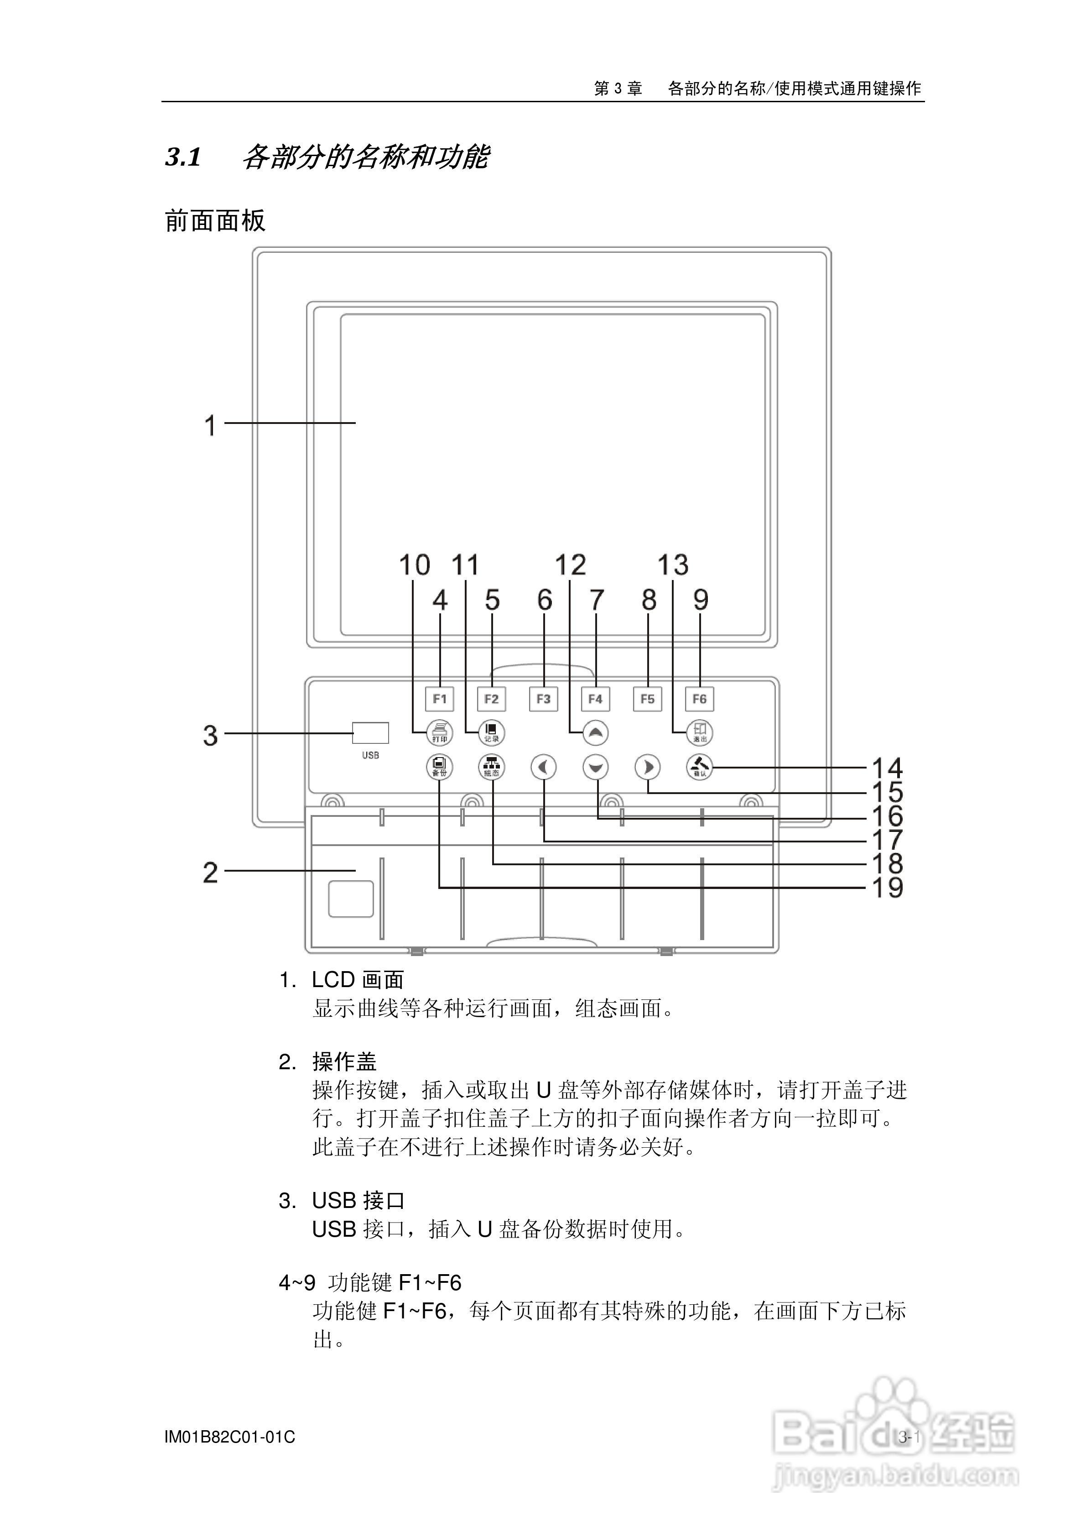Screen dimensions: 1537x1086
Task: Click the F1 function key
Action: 440,699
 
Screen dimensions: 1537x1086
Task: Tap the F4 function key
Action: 595,699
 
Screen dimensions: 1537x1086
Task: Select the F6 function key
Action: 699,699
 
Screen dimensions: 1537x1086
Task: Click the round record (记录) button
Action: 492,733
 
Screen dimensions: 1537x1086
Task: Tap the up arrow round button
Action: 595,733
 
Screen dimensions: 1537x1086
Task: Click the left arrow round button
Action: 543,767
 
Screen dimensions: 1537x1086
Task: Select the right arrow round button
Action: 647,767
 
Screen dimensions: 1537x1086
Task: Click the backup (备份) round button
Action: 440,767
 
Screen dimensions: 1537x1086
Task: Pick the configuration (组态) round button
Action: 492,767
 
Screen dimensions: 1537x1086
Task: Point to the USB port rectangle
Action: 371,733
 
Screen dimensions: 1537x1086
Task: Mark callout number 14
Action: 887,768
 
